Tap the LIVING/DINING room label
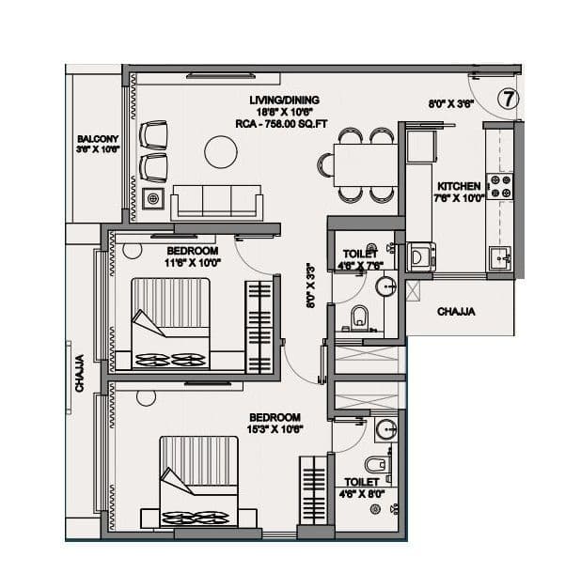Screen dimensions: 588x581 point(284,100)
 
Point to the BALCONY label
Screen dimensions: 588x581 point(97,139)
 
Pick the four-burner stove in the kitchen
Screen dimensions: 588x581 point(501,185)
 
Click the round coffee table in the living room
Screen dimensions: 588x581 point(222,150)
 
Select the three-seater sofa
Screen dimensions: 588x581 point(217,202)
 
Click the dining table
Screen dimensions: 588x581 point(355,165)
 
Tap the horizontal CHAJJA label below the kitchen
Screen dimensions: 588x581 point(456,311)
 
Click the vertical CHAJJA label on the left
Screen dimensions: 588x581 point(80,372)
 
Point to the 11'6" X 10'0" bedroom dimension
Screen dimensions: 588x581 point(192,264)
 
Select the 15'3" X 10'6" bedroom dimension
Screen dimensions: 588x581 point(274,429)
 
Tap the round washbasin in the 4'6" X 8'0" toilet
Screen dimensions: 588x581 point(385,431)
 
